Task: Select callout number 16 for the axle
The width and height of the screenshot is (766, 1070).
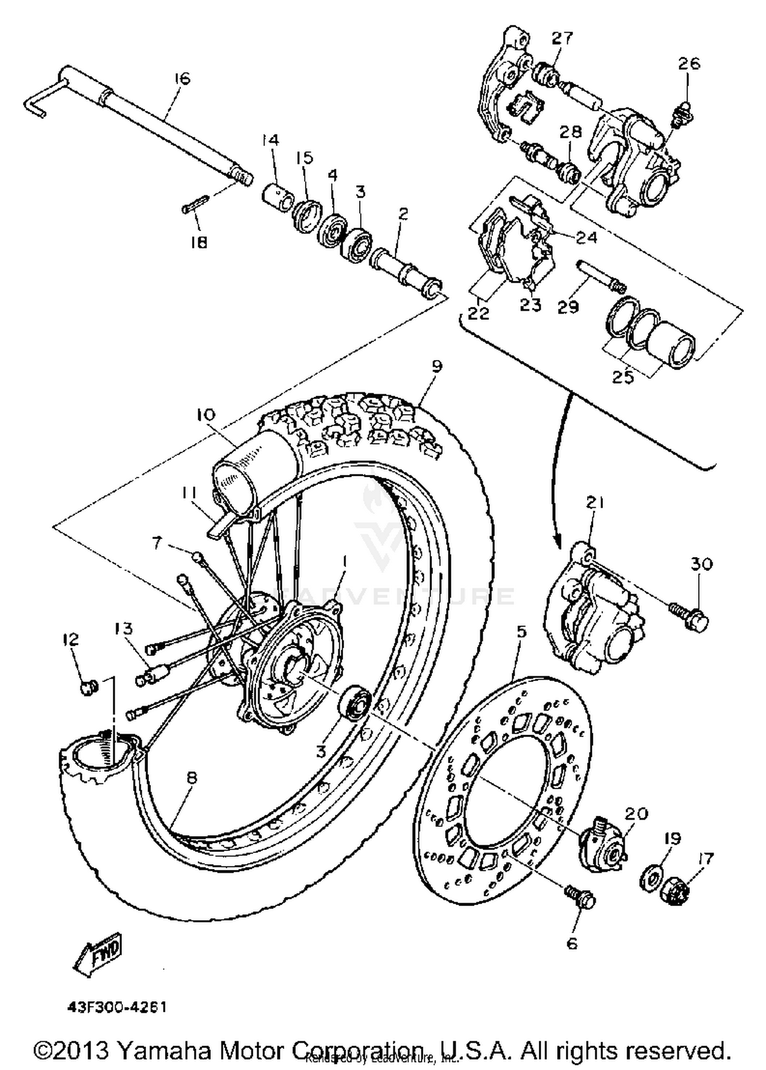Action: point(181,79)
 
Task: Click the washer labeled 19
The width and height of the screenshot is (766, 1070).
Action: point(650,877)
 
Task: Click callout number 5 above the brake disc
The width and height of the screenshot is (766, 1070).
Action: point(520,632)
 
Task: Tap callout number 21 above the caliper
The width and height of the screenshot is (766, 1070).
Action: point(595,503)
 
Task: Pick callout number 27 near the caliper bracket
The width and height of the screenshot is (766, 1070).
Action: point(562,38)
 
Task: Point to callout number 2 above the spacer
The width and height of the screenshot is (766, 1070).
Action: point(403,214)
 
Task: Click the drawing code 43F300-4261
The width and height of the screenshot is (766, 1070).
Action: point(117,1008)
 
